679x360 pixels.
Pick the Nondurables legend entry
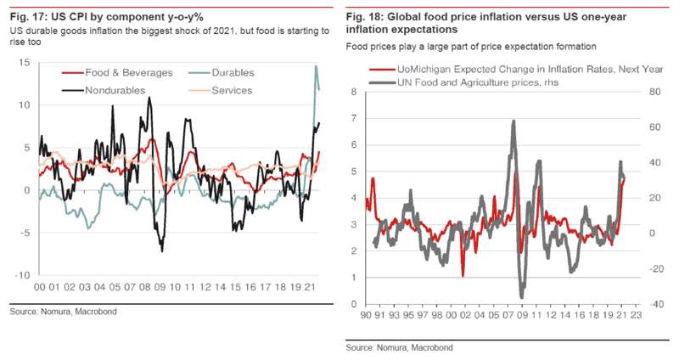(102, 89)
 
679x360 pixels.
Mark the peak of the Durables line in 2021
(316, 66)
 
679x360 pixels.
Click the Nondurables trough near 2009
(162, 250)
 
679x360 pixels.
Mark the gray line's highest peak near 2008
(513, 121)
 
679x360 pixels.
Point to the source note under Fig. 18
(398, 347)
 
